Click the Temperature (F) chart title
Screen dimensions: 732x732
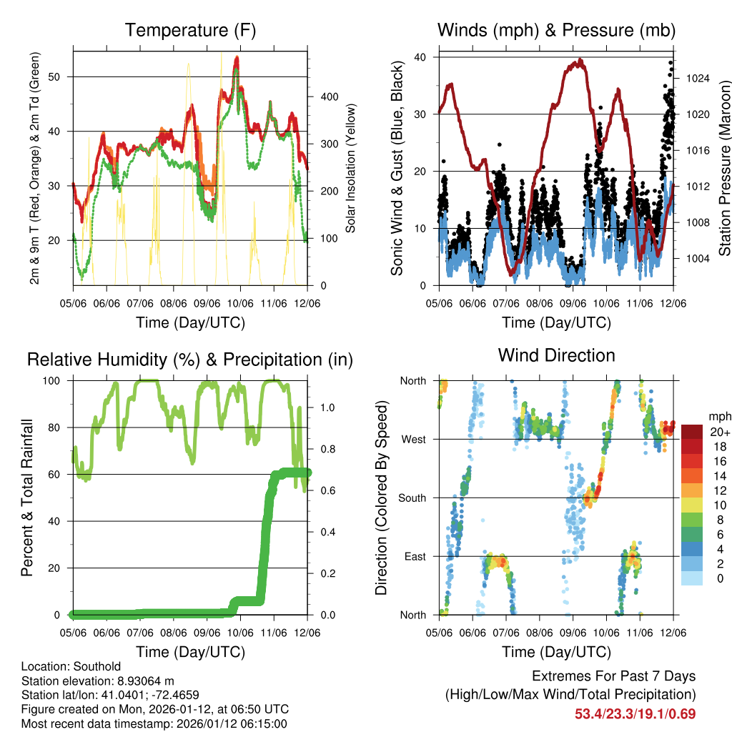pyautogui.click(x=190, y=30)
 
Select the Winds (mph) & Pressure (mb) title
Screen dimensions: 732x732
pyautogui.click(x=556, y=30)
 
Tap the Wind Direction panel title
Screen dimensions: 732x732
pyautogui.click(x=556, y=355)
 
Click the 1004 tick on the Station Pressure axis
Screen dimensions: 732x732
pyautogui.click(x=696, y=258)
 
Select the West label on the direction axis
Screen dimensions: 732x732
pyautogui.click(x=413, y=440)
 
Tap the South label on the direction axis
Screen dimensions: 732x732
pyautogui.click(x=412, y=498)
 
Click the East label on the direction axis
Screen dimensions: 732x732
pyautogui.click(x=415, y=557)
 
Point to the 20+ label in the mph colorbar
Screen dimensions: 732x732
pyautogui.click(x=718, y=432)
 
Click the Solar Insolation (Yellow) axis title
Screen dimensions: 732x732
pyautogui.click(x=351, y=168)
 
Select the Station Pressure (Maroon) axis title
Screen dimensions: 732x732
pyautogui.click(x=724, y=168)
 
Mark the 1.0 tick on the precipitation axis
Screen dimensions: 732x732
pyautogui.click(x=321, y=407)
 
